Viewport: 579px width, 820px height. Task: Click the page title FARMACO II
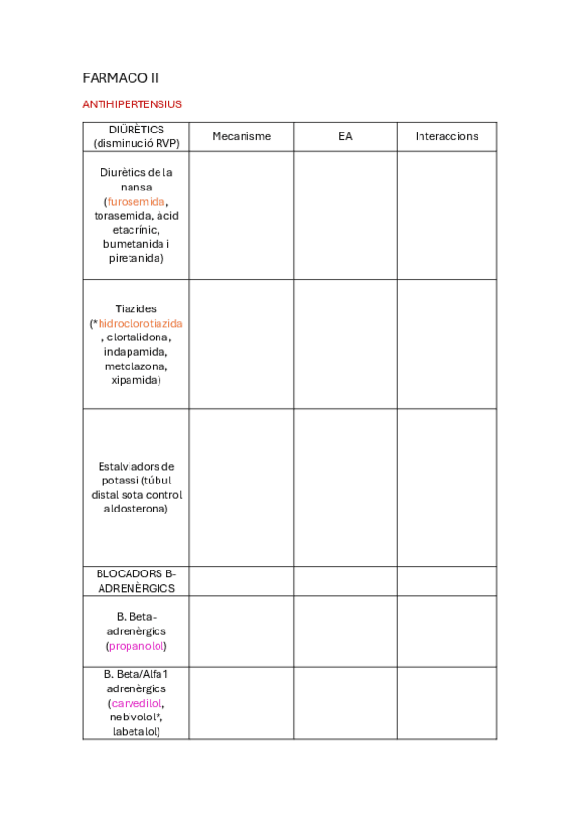(x=121, y=77)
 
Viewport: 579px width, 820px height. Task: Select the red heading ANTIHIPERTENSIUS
(x=132, y=104)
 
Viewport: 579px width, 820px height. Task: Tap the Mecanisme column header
(x=241, y=137)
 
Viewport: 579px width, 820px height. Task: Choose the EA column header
(x=345, y=137)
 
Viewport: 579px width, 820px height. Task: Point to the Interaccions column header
(x=447, y=137)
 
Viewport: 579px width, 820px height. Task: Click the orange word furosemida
(x=136, y=201)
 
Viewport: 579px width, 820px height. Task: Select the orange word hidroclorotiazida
(x=140, y=323)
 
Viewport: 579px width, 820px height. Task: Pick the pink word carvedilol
(x=135, y=703)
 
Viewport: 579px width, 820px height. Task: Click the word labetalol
(x=135, y=732)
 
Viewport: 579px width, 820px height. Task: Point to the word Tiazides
(x=135, y=308)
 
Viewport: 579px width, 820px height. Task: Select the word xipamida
(x=135, y=381)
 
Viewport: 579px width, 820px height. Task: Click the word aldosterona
(x=135, y=509)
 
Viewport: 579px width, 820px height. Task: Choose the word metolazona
(x=135, y=366)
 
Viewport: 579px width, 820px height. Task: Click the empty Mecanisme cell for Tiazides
(x=241, y=344)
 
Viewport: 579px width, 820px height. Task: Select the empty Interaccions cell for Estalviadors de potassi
(x=447, y=487)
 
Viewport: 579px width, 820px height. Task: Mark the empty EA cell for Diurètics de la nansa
(x=345, y=216)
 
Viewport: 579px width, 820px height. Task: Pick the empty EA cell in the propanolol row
(x=345, y=630)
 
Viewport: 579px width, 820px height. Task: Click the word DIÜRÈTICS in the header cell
(x=136, y=129)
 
